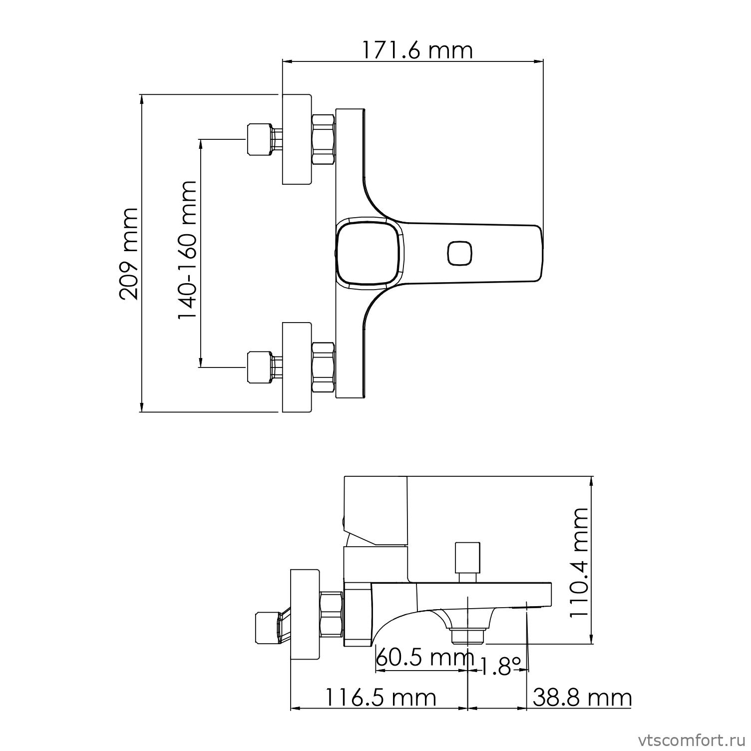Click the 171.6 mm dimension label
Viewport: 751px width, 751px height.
(x=416, y=50)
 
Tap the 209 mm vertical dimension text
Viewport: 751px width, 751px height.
(x=128, y=253)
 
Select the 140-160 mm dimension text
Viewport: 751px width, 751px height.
(x=187, y=251)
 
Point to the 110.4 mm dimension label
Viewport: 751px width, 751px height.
(x=579, y=562)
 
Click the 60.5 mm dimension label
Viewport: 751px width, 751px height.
(x=424, y=658)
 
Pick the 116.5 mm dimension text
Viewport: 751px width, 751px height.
(x=380, y=697)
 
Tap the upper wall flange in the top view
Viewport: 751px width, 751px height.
(x=297, y=139)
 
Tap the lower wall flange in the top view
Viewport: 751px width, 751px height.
(x=297, y=367)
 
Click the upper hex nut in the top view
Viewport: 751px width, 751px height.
(x=323, y=139)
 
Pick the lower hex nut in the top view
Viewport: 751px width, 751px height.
(x=323, y=367)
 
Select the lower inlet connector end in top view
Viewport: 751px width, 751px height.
(x=260, y=367)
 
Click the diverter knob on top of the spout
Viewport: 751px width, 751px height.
(x=467, y=558)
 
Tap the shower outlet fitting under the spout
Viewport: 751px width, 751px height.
(x=468, y=636)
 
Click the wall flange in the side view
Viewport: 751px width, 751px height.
(x=305, y=615)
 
